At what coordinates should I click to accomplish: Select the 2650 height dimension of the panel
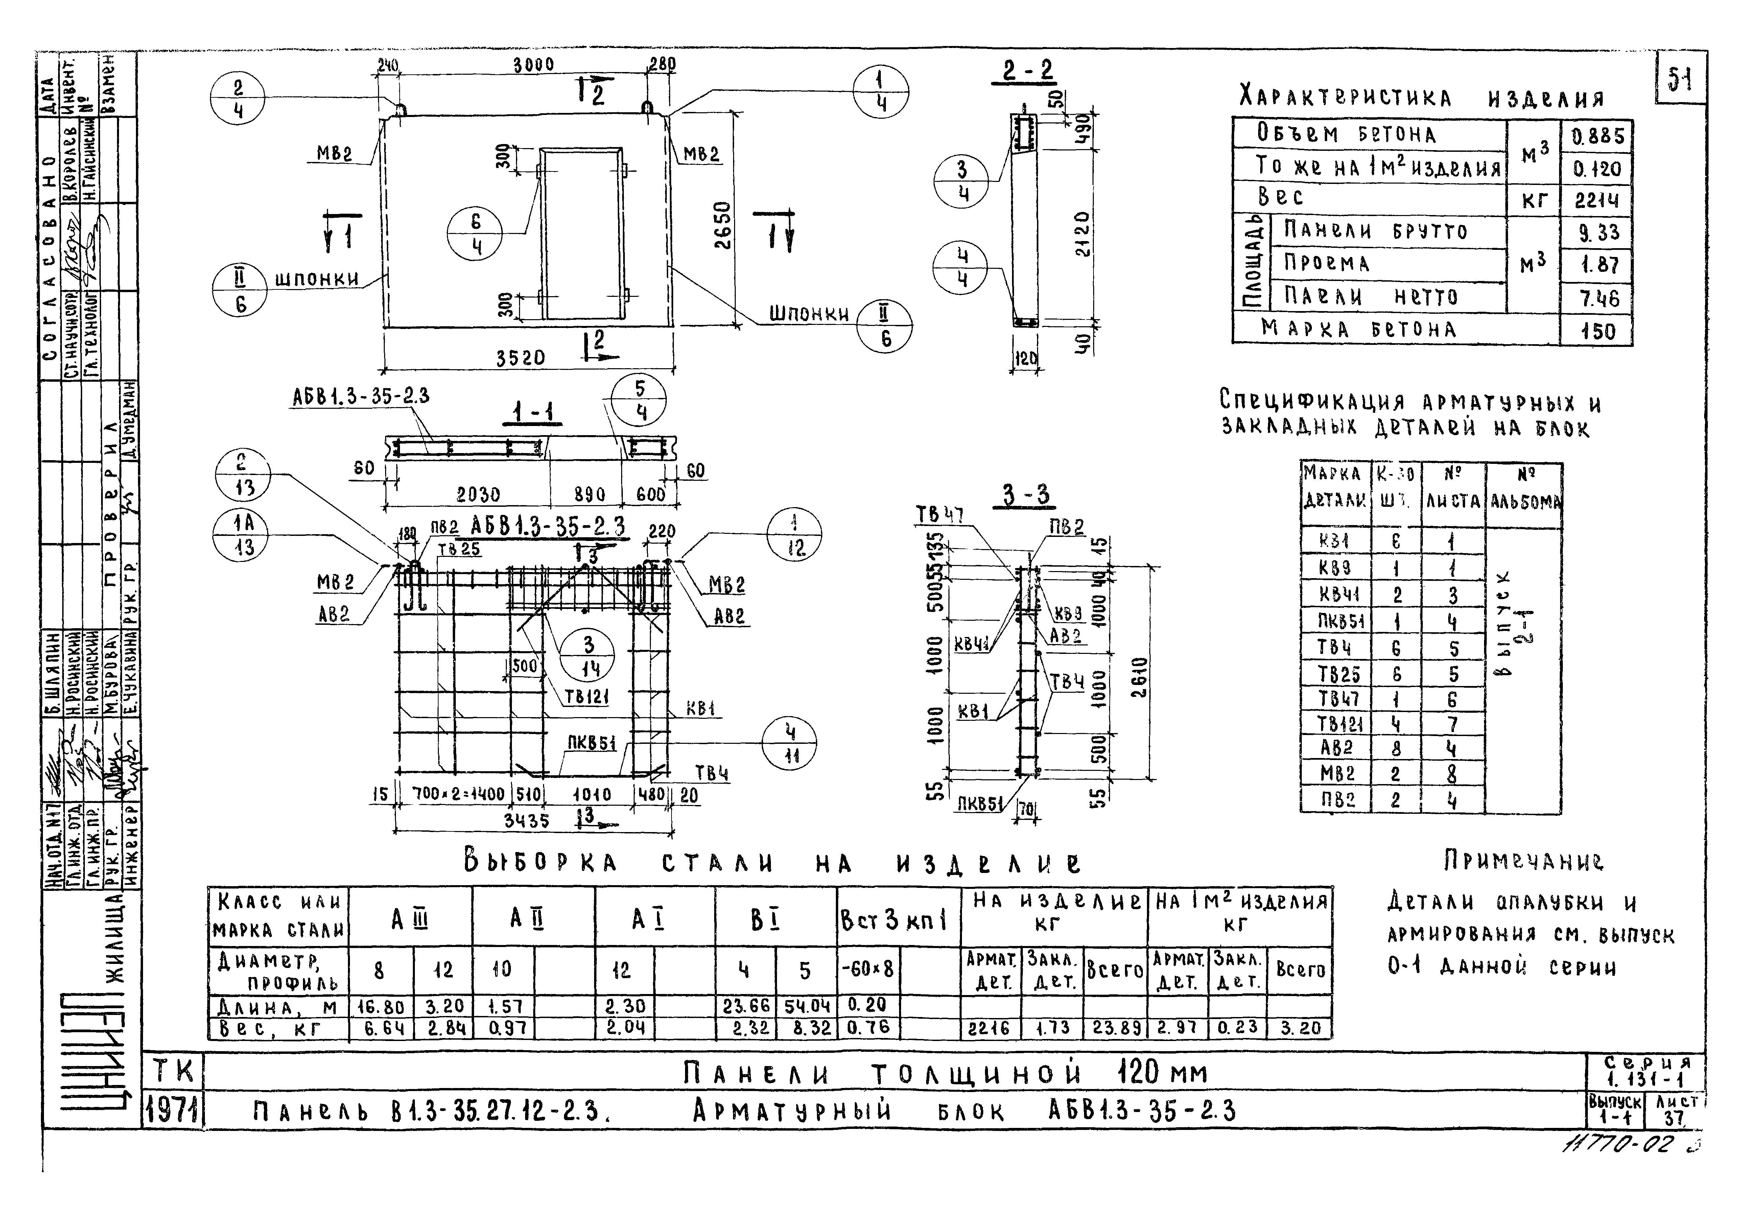coord(723,224)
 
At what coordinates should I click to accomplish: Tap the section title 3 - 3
coord(1026,496)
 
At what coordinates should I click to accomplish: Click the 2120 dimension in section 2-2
coord(1083,234)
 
